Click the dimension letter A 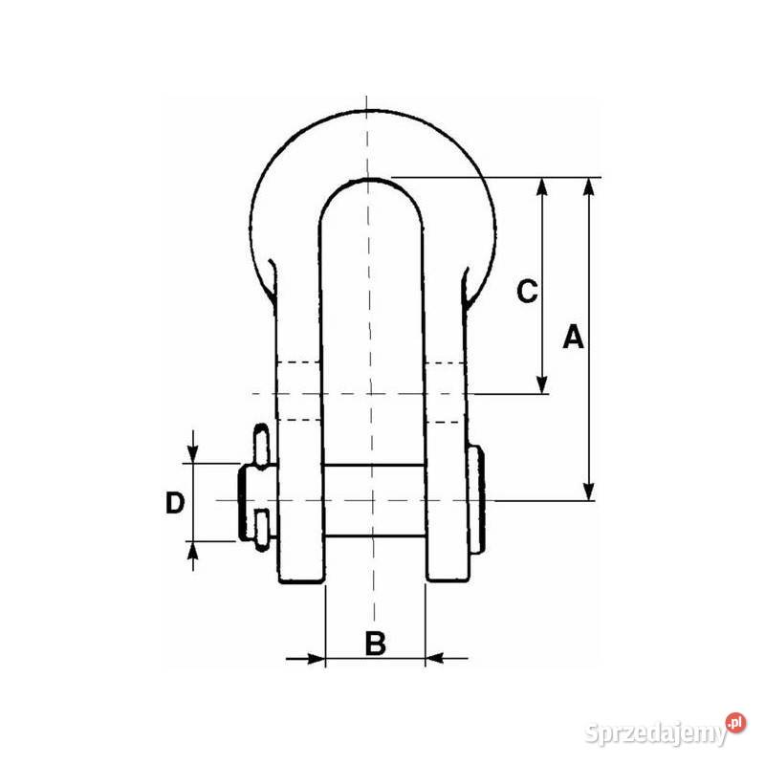[573, 336]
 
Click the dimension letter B [375, 643]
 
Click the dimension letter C [527, 292]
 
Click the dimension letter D [175, 503]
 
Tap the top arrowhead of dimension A [589, 186]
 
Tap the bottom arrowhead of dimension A [589, 492]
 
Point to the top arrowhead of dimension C [542, 186]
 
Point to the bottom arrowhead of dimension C [542, 384]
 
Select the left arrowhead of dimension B [316, 659]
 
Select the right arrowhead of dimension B [435, 659]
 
